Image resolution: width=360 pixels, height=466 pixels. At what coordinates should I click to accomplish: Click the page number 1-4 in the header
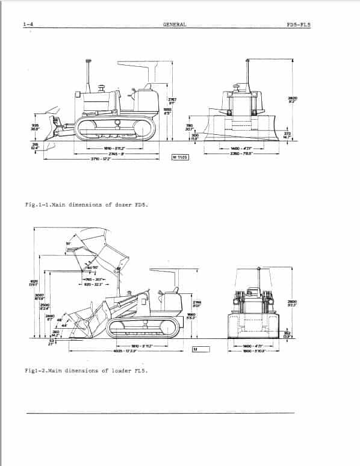click(x=27, y=25)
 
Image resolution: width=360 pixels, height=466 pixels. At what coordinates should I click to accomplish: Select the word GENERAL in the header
click(x=175, y=25)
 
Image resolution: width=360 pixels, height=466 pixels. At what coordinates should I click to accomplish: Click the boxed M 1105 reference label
click(x=181, y=158)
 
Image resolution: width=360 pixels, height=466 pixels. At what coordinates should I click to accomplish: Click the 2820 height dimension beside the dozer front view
click(x=293, y=99)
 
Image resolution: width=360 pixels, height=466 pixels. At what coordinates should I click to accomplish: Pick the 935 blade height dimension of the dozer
click(x=35, y=127)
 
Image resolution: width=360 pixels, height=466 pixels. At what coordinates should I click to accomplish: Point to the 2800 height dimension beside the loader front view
click(x=293, y=304)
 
